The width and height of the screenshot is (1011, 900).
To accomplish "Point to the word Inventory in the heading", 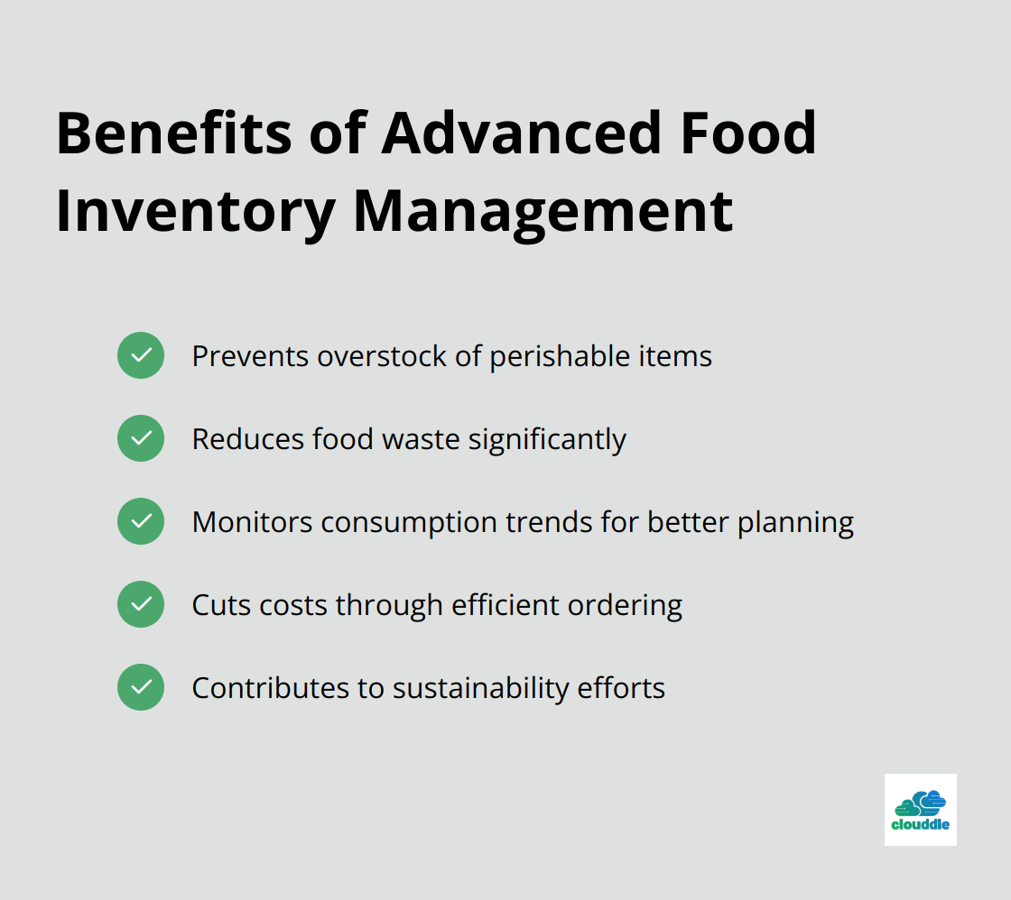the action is (x=195, y=213).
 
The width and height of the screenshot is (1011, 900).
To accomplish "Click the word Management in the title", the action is (x=543, y=213).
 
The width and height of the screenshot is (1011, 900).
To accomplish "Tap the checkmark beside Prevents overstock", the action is (x=141, y=355).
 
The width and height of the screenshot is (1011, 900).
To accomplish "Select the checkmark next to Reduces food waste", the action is (x=141, y=438).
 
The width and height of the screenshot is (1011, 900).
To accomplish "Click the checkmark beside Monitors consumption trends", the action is (x=141, y=521).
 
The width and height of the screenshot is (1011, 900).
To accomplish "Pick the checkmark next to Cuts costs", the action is (x=141, y=604).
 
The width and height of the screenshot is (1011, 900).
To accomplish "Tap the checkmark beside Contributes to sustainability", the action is (x=141, y=687).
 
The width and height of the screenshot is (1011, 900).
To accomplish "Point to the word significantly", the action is (x=547, y=441).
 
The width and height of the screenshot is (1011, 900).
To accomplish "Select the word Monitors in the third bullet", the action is (x=252, y=522).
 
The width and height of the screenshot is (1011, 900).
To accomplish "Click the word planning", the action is (x=795, y=524).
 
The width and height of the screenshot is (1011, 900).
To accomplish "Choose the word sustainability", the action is (x=481, y=689).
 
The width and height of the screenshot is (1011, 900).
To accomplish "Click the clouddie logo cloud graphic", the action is (x=920, y=804).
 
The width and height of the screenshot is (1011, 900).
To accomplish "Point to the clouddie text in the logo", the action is (x=920, y=824).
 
